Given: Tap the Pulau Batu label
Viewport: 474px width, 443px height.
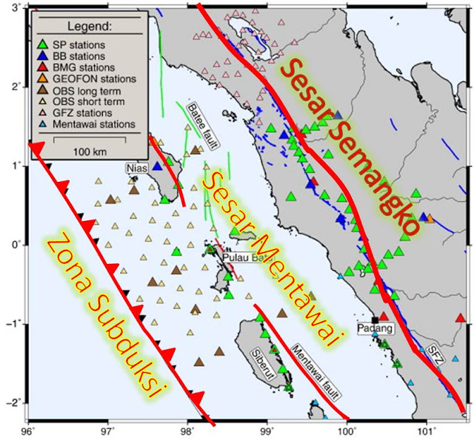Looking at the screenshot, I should click(x=244, y=257).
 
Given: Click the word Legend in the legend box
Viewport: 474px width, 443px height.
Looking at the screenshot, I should click(x=88, y=27).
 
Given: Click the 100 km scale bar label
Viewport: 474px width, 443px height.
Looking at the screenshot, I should click(x=88, y=152).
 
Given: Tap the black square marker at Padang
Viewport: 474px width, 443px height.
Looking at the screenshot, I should click(x=375, y=319).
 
